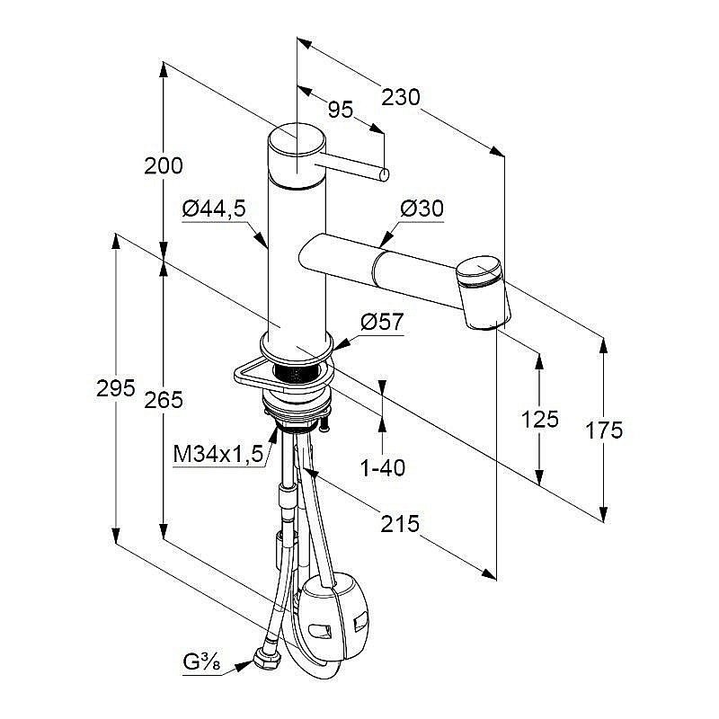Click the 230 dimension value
pos(401,97)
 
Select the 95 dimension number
pos(340,111)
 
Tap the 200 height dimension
pos(163,165)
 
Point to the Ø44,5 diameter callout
pos(213,209)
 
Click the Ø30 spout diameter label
pos(422,209)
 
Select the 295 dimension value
pos(116,388)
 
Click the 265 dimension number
pos(164,400)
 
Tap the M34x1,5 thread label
pos(218,455)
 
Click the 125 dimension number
pos(539,418)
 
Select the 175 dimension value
pos(603,431)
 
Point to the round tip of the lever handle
pos(384,173)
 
